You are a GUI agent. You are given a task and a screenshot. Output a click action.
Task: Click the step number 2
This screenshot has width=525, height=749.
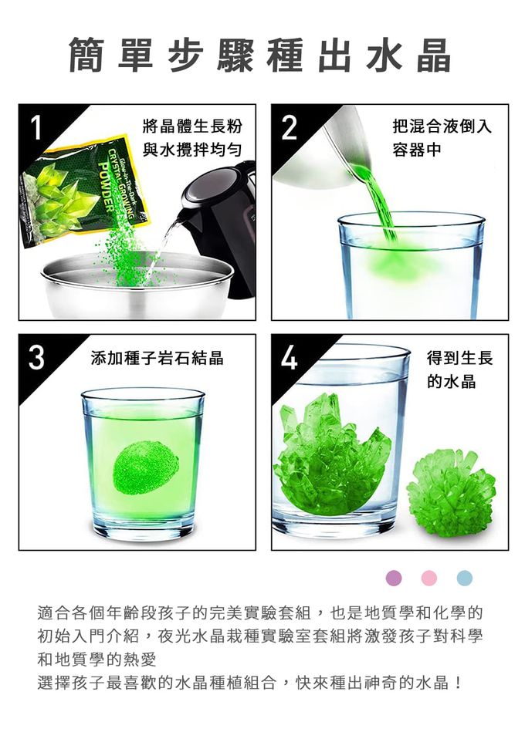click(289, 127)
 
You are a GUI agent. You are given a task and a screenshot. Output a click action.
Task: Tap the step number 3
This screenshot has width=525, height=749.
click(36, 358)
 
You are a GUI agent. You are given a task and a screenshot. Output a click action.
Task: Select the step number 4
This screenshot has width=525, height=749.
click(290, 358)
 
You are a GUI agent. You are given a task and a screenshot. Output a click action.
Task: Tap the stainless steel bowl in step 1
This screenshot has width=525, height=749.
click(137, 287)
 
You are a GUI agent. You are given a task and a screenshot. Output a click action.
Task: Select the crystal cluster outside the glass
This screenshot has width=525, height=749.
click(451, 492)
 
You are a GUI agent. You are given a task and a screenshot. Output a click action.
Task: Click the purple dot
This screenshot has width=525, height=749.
click(394, 578)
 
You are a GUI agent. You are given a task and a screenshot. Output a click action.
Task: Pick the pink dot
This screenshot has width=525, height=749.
click(429, 578)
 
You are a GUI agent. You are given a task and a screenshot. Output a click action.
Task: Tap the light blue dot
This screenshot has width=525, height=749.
click(464, 578)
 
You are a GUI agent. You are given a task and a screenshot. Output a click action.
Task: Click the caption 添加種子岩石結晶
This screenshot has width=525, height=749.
click(157, 358)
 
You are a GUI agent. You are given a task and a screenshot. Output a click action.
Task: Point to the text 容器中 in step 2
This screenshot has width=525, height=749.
click(416, 150)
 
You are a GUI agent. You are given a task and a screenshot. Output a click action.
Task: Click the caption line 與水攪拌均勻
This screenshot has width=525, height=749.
click(191, 150)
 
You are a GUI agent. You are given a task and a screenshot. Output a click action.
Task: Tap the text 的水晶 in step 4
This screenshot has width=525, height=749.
click(452, 381)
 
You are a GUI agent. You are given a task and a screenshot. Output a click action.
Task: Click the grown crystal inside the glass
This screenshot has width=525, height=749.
click(332, 454)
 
